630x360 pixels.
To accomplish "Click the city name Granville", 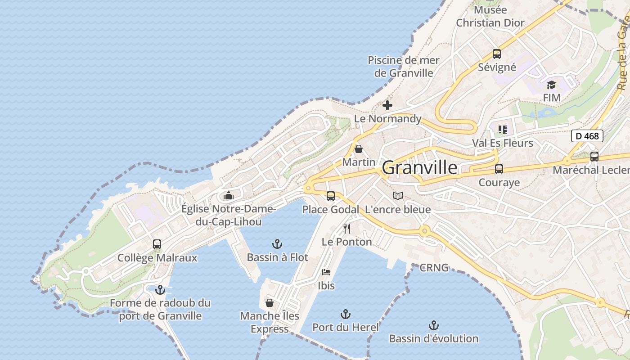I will click(x=419, y=168).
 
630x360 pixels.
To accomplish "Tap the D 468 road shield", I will click(x=587, y=135).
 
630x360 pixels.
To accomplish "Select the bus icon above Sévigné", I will click(x=497, y=54).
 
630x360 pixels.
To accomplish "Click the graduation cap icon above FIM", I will click(x=551, y=85).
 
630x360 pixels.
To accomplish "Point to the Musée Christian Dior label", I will click(x=490, y=17).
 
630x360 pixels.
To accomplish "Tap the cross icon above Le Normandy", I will click(x=387, y=106).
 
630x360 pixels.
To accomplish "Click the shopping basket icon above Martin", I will click(x=359, y=148).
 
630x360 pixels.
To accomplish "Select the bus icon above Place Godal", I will click(x=331, y=196).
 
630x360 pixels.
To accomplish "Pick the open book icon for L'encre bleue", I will click(x=398, y=196).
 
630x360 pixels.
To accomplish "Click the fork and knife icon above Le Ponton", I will click(x=346, y=229).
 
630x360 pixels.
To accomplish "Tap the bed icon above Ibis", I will click(x=326, y=272).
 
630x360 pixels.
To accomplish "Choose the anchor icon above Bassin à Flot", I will click(x=277, y=244).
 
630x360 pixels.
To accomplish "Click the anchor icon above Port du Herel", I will click(x=345, y=314).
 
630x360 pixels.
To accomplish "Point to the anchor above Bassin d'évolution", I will click(x=433, y=325).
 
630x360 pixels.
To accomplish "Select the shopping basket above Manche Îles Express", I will click(x=270, y=303).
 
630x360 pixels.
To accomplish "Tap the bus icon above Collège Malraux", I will click(x=157, y=244).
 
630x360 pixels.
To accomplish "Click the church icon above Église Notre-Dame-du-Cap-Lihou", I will click(x=229, y=196).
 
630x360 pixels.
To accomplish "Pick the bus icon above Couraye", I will click(x=499, y=169).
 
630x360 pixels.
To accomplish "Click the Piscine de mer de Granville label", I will click(x=403, y=67).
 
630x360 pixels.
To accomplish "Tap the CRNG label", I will click(x=434, y=268).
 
